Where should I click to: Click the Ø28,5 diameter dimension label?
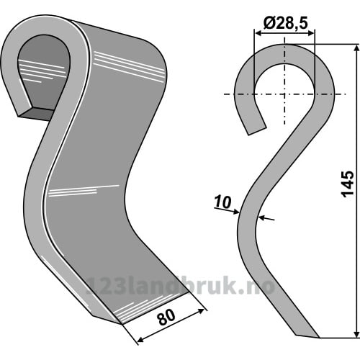[285, 23]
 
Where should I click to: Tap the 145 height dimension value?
[348, 184]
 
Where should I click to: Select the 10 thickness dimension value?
[223, 202]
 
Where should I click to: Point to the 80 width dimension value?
[166, 317]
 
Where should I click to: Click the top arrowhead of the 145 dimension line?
[357, 48]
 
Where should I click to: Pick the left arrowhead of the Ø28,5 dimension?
[258, 33]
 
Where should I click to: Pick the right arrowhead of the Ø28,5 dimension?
[310, 33]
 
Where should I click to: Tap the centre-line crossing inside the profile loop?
[284, 94]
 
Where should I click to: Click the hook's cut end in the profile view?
[257, 131]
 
